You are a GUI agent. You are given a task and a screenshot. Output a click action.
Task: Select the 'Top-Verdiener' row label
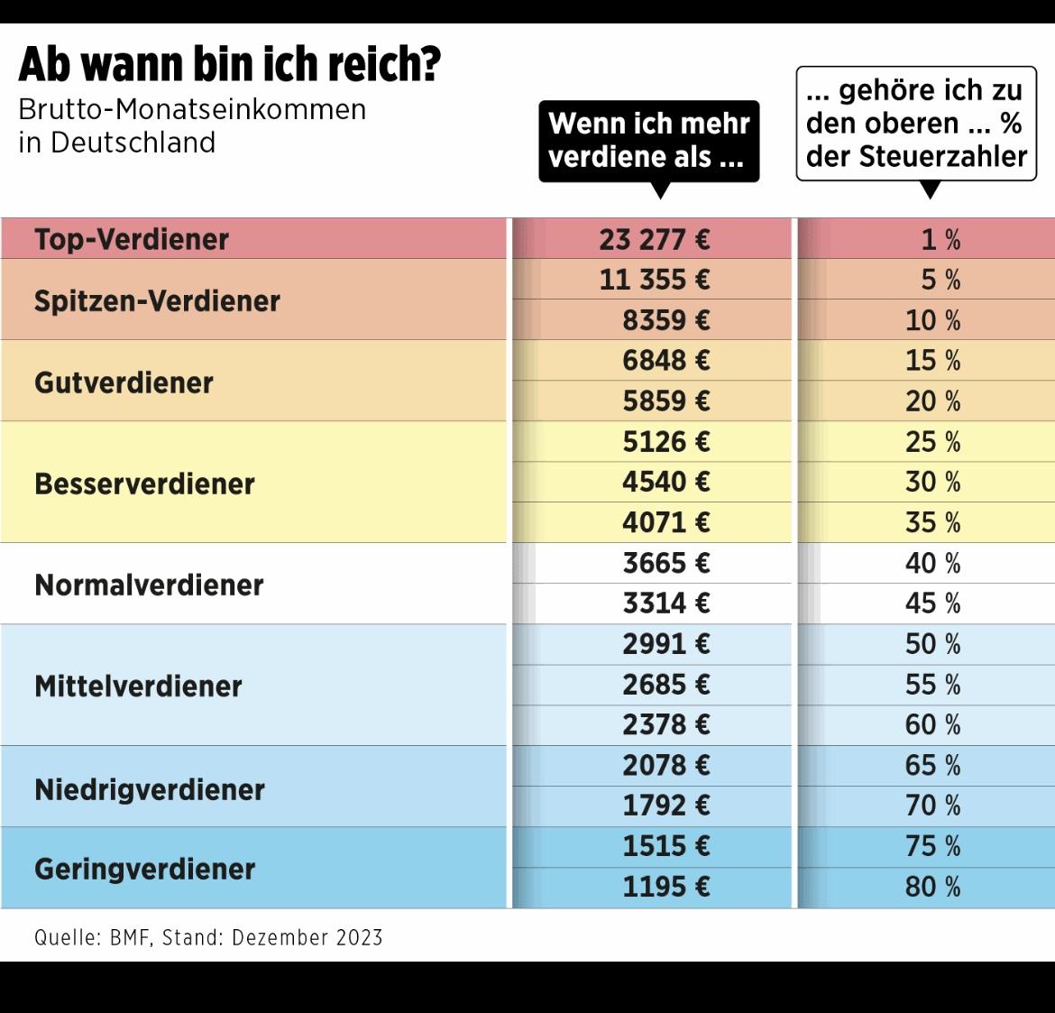pos(132,239)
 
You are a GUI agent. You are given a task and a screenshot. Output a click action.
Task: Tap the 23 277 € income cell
pos(654,239)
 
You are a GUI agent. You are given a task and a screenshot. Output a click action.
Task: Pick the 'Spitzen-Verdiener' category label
pos(157,300)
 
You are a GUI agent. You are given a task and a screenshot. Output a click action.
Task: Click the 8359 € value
pos(665,320)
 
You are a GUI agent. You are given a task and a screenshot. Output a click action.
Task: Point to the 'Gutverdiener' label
pos(124,382)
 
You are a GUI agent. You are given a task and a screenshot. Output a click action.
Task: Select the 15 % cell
pos(932,361)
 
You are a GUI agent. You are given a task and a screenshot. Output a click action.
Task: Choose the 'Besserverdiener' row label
pos(144,483)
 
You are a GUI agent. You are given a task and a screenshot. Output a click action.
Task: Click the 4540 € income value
pos(665,482)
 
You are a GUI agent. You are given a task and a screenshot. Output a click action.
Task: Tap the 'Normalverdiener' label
pos(149,585)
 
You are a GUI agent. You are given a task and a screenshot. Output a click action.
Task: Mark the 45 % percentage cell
pos(932,603)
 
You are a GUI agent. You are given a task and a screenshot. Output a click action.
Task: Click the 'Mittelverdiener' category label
pos(138,686)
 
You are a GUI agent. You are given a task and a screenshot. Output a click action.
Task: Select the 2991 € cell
pos(665,643)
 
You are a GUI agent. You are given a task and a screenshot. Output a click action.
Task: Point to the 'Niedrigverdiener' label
pos(150,789)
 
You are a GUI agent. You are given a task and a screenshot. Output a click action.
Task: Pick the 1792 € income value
pos(665,805)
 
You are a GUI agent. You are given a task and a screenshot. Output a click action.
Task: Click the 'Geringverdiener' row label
pos(144,869)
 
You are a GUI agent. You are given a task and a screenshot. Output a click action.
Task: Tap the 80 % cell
pos(932,886)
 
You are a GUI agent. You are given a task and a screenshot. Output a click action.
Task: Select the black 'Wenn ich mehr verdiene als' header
pos(649,140)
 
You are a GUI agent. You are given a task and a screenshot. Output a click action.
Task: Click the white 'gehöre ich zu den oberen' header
pos(916,124)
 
